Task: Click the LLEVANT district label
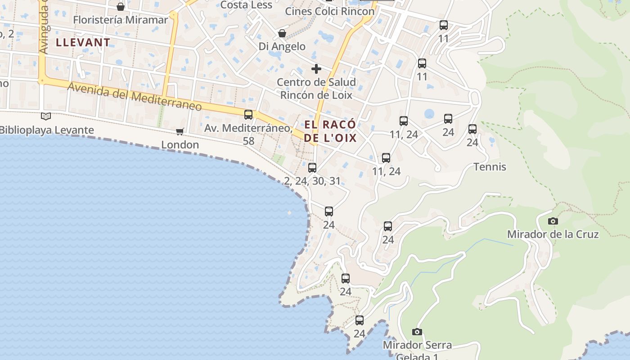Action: [x=83, y=42]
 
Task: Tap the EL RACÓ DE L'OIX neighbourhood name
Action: [x=330, y=131]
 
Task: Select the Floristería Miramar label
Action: [x=120, y=20]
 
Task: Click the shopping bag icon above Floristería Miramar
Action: [x=121, y=6]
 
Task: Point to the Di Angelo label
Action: [x=282, y=46]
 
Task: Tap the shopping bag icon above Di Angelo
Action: [x=282, y=33]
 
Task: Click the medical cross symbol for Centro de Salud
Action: [x=316, y=69]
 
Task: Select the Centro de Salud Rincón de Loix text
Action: [x=316, y=89]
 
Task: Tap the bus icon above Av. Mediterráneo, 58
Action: [x=248, y=115]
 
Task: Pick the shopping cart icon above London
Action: [x=180, y=131]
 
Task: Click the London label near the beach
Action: [x=180, y=144]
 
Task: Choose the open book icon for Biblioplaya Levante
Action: [x=46, y=117]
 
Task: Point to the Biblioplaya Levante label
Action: [x=47, y=130]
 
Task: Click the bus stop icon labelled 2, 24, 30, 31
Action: [x=312, y=168]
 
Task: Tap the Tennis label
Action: [x=490, y=167]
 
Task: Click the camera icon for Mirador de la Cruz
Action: [x=553, y=221]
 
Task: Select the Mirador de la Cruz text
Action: [x=553, y=234]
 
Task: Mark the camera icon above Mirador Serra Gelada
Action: [x=417, y=332]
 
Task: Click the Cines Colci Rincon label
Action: [x=330, y=11]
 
